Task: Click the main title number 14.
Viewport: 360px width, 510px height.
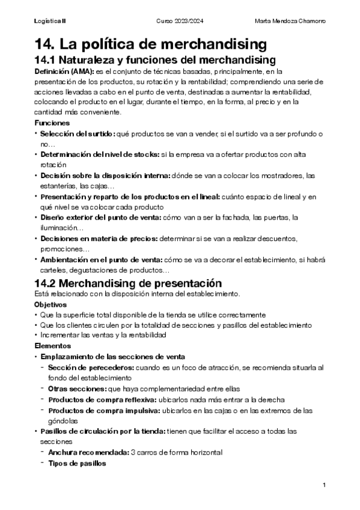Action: (48, 43)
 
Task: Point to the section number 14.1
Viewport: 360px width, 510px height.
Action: (47, 60)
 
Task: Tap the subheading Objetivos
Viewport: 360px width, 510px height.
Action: (50, 304)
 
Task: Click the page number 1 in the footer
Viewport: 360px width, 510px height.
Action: (323, 485)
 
